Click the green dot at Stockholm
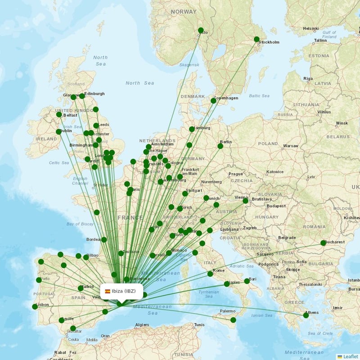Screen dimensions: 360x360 coord(257,39)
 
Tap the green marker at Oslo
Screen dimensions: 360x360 coord(201,31)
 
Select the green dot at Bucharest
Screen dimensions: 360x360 coord(323,243)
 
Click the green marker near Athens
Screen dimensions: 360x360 coord(306,315)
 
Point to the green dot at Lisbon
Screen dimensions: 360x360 coord(35,307)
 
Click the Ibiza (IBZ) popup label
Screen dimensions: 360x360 coord(121,291)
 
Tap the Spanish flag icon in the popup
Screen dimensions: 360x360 coord(108,291)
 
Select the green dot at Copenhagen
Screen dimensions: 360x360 coord(213,101)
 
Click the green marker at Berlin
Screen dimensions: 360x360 coord(220,146)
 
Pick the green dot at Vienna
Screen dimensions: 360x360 coord(246,201)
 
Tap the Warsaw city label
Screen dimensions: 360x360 coord(291,146)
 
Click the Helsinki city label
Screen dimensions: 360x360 coord(310,28)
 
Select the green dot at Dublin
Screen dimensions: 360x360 coord(58,132)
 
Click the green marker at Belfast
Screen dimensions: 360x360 coord(59,115)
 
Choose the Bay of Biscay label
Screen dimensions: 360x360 coord(80,224)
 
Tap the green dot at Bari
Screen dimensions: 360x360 coord(247,281)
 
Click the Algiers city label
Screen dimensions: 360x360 coord(142,324)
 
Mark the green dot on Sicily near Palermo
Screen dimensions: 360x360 coord(233,320)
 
